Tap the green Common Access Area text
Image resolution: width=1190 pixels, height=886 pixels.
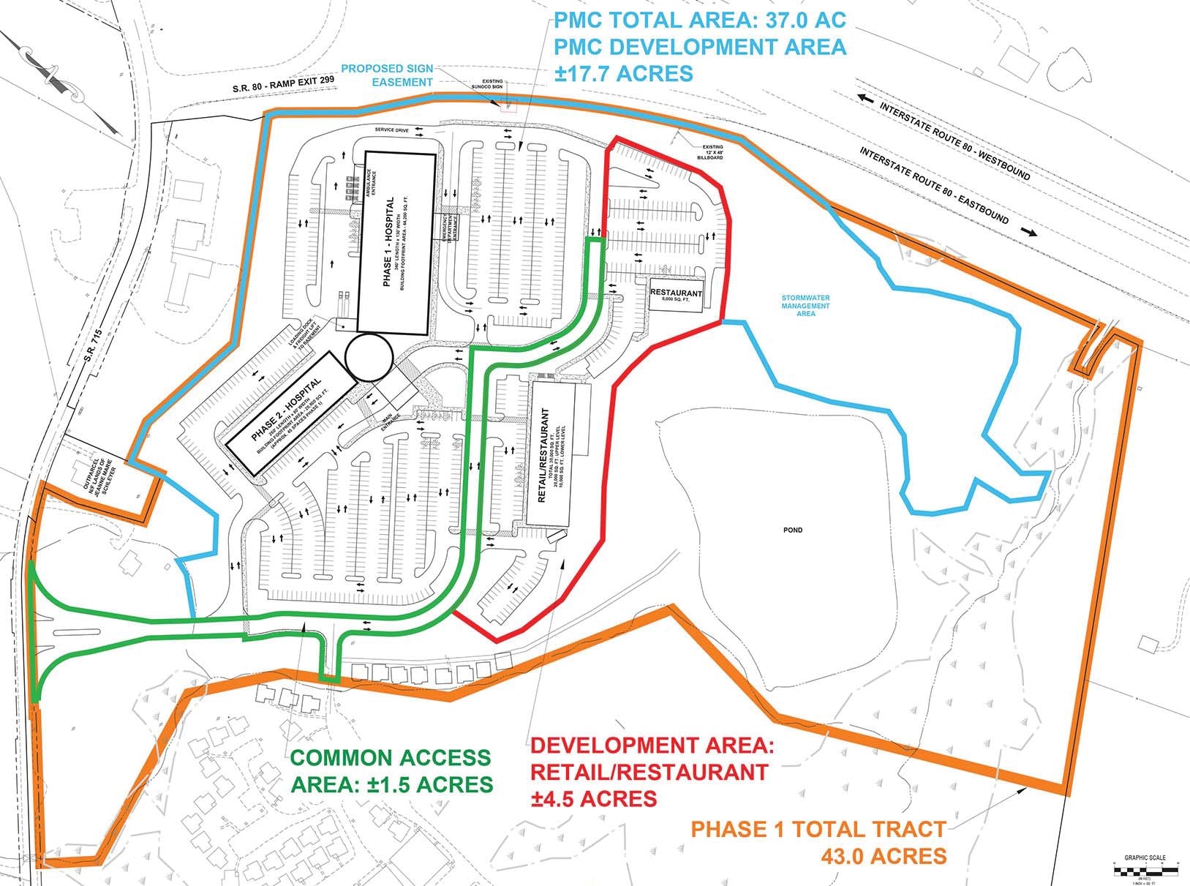click(392, 771)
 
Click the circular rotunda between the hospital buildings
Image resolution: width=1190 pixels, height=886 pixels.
click(369, 357)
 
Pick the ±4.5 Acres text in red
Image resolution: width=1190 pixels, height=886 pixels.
click(593, 797)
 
